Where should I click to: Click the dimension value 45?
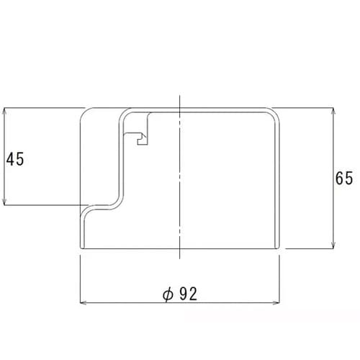15,158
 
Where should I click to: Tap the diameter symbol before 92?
167,294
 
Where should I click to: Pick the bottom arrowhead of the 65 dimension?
333,246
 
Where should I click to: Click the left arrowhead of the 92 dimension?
82,302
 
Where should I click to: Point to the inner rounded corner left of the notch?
123,114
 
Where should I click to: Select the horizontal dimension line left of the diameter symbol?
122,302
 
